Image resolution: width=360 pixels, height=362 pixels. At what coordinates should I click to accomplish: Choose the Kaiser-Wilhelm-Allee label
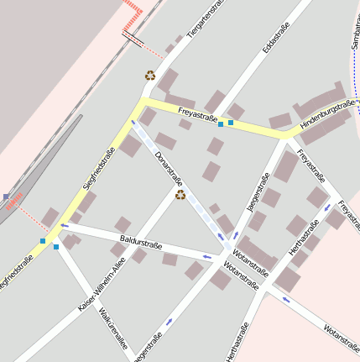click(102, 285)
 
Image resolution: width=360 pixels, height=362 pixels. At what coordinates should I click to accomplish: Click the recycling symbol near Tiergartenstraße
click(150, 75)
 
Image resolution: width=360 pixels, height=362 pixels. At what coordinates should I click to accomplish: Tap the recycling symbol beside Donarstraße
click(180, 195)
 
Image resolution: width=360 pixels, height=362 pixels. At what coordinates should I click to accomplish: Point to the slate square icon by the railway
click(6, 197)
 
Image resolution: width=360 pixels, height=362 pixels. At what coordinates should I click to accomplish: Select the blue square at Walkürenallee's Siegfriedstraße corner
click(56, 246)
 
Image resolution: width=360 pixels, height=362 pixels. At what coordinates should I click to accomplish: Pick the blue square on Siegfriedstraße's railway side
click(43, 241)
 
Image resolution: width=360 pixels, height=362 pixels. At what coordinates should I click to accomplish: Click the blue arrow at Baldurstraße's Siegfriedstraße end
click(65, 226)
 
